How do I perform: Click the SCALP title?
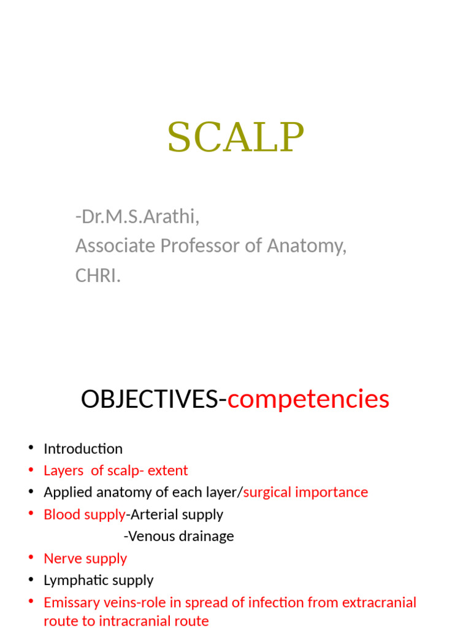(235, 137)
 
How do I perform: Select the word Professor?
(196, 246)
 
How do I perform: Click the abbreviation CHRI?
(97, 275)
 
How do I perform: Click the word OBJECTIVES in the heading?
(150, 399)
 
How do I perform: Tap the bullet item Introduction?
(83, 448)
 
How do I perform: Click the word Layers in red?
(63, 470)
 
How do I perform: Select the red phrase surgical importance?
(306, 492)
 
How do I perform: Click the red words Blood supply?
(84, 514)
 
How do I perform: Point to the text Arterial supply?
(177, 514)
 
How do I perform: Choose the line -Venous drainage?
(178, 536)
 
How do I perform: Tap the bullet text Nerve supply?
(85, 558)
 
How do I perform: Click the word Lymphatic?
(72, 580)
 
